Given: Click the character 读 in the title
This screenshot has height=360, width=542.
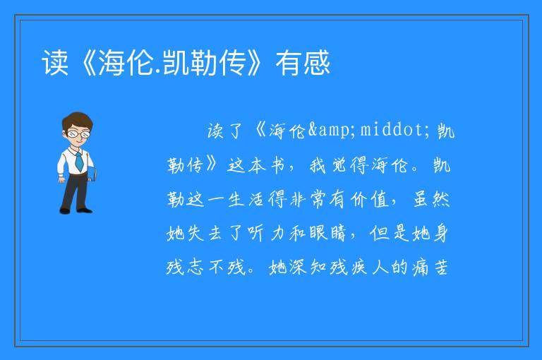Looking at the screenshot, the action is tap(55, 63).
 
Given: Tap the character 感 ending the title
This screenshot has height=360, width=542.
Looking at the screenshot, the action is tap(317, 63).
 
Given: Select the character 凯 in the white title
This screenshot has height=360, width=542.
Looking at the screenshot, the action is tap(176, 63).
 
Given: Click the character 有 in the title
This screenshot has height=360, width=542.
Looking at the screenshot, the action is tap(289, 63).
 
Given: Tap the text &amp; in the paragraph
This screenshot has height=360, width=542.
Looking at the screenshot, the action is tap(332, 131).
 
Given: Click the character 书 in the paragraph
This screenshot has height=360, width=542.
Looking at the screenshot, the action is tap(277, 165).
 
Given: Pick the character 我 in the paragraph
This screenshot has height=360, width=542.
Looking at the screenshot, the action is tap(318, 165).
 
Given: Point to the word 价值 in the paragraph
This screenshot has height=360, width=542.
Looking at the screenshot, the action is tap(370, 200).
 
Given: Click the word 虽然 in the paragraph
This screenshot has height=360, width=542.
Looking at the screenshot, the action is tap(431, 200).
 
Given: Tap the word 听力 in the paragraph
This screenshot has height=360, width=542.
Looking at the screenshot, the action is tap(265, 234).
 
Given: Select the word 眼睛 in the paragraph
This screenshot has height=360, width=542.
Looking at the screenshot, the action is tap(327, 234).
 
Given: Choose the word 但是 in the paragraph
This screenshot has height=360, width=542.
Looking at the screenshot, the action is tap(390, 234).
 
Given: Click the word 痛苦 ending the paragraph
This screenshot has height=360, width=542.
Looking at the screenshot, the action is tap(430, 268).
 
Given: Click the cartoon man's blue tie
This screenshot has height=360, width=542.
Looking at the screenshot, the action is tap(79, 162).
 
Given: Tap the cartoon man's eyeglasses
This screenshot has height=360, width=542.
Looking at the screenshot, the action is tap(78, 133).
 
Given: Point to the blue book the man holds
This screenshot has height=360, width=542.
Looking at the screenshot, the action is tap(92, 174).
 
